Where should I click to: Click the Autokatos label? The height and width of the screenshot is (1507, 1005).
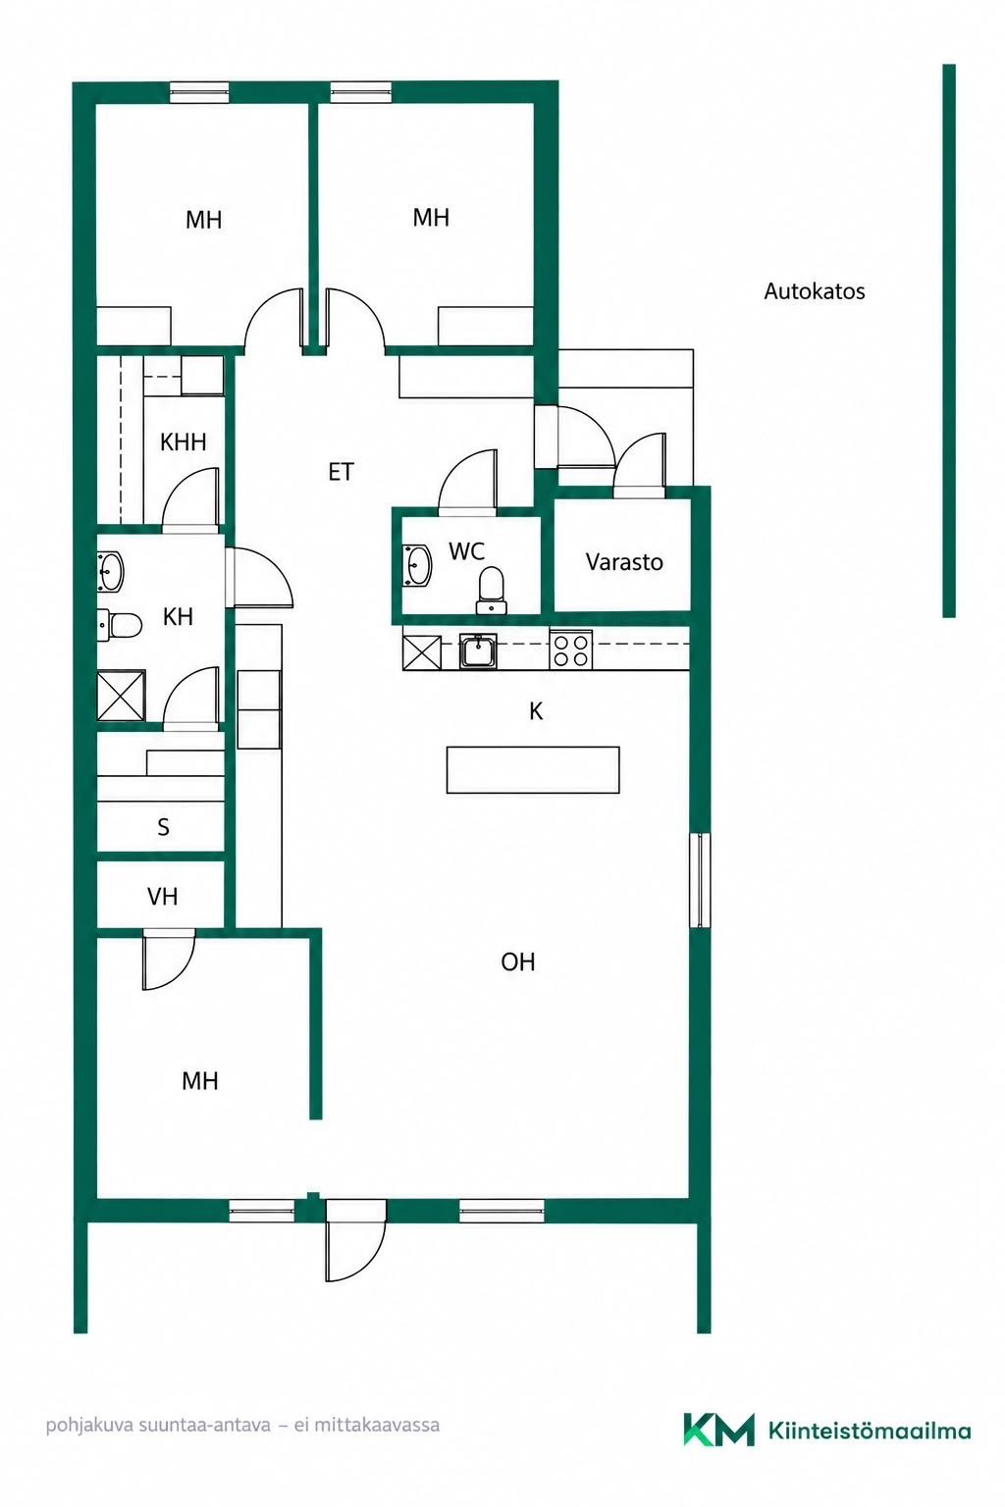[x=814, y=291]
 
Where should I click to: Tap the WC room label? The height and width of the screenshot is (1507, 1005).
[x=466, y=551]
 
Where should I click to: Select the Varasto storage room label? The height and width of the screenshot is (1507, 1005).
[x=624, y=562]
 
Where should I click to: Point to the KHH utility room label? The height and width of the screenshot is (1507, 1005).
[x=184, y=442]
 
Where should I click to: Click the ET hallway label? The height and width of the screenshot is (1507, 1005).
[x=341, y=472]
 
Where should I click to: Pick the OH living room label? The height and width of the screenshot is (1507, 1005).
[x=517, y=962]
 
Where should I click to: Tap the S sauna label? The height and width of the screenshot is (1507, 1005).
[x=163, y=827]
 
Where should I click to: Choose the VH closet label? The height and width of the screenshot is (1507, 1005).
[x=162, y=896]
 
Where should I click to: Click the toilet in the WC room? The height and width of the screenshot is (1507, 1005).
[x=490, y=590]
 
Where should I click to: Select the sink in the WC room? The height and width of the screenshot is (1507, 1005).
[x=418, y=565]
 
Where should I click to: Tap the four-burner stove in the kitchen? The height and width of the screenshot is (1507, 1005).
[x=571, y=650]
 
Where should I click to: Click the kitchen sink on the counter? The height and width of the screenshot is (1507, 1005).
[x=478, y=650]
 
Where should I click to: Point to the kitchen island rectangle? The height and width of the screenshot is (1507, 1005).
[x=533, y=769]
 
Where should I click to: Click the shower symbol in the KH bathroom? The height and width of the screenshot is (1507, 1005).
[x=122, y=695]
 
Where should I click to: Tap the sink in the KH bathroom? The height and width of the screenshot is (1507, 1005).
[x=110, y=571]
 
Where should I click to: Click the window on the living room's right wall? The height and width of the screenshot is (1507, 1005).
[x=701, y=880]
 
